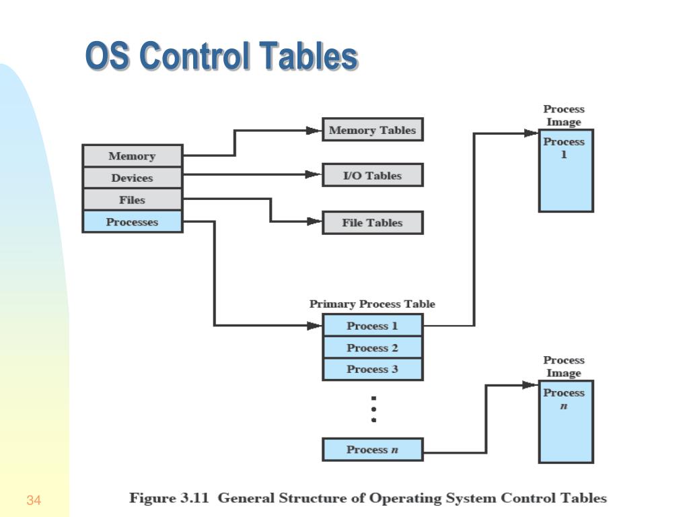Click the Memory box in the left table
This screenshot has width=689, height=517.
[132, 156]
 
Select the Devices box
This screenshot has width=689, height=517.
[132, 178]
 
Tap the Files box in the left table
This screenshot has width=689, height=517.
[132, 200]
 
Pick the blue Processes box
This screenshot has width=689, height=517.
[132, 221]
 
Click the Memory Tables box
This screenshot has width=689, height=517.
[372, 130]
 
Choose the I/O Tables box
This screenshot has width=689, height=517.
[372, 175]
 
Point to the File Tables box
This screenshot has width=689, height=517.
[372, 222]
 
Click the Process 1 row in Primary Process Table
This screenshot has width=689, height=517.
[372, 326]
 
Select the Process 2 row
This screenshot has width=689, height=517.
[372, 348]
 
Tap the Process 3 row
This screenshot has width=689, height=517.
[372, 369]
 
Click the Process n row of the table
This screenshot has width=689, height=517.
[372, 450]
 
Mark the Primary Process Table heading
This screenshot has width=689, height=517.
[372, 304]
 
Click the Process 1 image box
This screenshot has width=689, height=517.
[565, 171]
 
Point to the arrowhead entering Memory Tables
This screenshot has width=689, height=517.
[314, 131]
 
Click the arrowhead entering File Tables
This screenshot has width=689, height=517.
[314, 221]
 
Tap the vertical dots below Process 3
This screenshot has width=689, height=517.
[373, 409]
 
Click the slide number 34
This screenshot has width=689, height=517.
[34, 500]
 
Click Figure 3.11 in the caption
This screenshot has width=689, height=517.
[171, 499]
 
